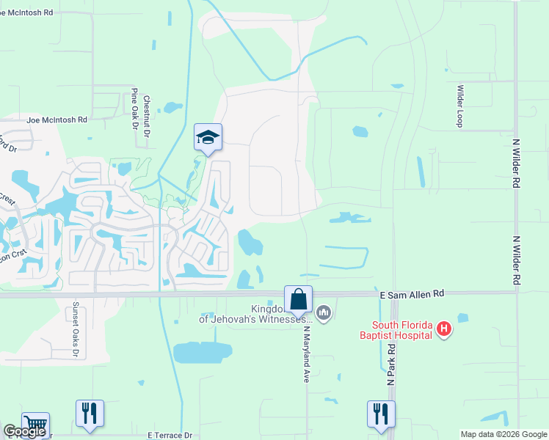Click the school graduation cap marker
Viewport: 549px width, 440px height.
point(208,137)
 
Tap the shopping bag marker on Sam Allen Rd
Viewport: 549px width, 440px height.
point(298,299)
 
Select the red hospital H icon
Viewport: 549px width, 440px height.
point(443,329)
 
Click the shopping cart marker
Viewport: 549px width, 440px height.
point(35,425)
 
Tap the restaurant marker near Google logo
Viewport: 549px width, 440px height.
point(90,414)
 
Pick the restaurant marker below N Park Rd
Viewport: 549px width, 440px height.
point(381,414)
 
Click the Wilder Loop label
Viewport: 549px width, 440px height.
point(461,106)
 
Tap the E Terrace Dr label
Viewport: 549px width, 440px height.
point(170,435)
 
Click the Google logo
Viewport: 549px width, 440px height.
point(23,432)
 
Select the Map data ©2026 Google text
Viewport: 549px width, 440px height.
point(503,434)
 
